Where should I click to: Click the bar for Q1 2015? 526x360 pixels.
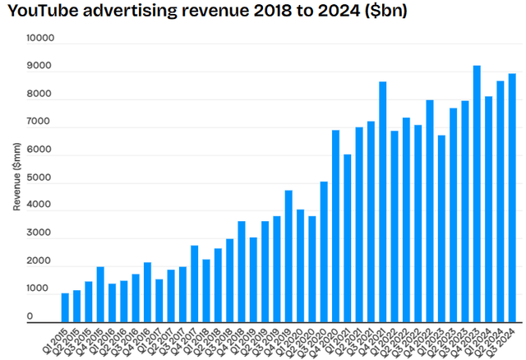click(x=65, y=307)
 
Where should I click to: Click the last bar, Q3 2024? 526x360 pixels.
click(x=512, y=198)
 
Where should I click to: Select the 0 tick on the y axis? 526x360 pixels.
click(x=51, y=317)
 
